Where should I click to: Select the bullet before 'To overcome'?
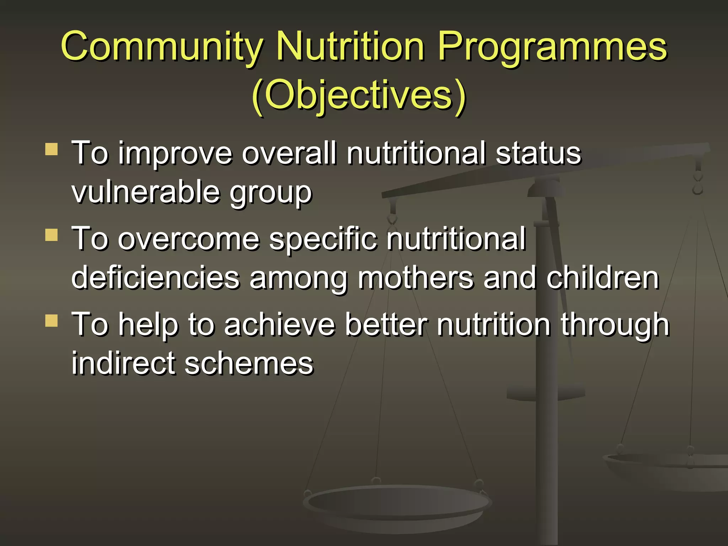[52, 235]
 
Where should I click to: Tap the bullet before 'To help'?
[52, 320]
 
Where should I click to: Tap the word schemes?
[249, 363]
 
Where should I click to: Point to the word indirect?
[123, 363]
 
